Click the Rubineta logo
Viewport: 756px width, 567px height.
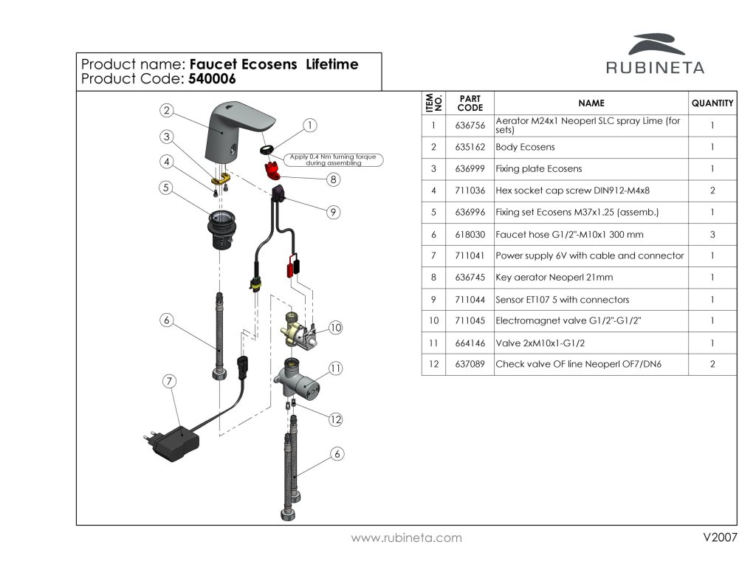pyautogui.click(x=655, y=55)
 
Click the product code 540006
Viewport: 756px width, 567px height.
pyautogui.click(x=212, y=79)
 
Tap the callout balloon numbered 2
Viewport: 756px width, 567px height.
pyautogui.click(x=168, y=111)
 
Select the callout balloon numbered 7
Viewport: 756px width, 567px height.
pyautogui.click(x=170, y=382)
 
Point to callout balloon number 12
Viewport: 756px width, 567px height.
pyautogui.click(x=336, y=419)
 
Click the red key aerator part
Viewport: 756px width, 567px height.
pyautogui.click(x=272, y=171)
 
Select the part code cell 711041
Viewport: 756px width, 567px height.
pyautogui.click(x=470, y=256)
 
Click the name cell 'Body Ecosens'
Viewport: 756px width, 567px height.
pyautogui.click(x=525, y=148)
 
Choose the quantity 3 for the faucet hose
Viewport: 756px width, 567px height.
pyautogui.click(x=712, y=235)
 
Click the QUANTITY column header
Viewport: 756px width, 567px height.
pyautogui.click(x=712, y=103)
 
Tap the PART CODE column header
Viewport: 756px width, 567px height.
pyautogui.click(x=470, y=103)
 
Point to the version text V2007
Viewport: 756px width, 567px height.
pyautogui.click(x=720, y=537)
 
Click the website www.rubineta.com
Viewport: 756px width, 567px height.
pyautogui.click(x=407, y=538)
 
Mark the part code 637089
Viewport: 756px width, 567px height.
pyautogui.click(x=470, y=365)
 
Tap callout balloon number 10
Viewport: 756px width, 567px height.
pyautogui.click(x=336, y=328)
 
